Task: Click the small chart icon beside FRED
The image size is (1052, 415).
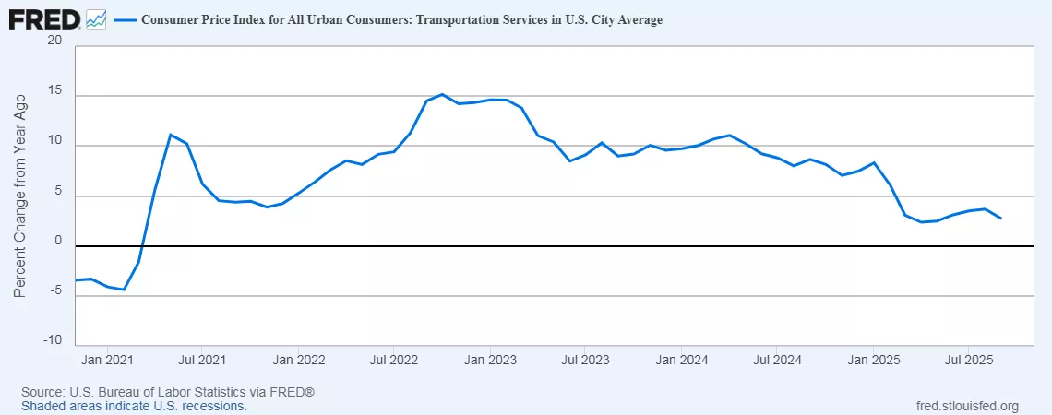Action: pyautogui.click(x=96, y=19)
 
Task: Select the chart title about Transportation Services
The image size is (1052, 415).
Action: pyautogui.click(x=401, y=19)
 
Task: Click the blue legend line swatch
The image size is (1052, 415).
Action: pyautogui.click(x=124, y=19)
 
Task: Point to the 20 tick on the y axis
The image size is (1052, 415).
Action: pyautogui.click(x=54, y=41)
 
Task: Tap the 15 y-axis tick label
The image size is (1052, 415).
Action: pyautogui.click(x=54, y=92)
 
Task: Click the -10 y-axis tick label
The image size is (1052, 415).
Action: pyautogui.click(x=52, y=340)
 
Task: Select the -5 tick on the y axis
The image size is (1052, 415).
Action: pyautogui.click(x=54, y=291)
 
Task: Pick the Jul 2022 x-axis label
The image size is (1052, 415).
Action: pyautogui.click(x=394, y=359)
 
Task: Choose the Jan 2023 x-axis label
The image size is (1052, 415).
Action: pyautogui.click(x=489, y=359)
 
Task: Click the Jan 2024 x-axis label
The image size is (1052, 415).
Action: pyautogui.click(x=680, y=359)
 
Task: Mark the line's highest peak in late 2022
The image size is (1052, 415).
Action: pyautogui.click(x=442, y=94)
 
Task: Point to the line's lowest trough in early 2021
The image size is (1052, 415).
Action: pyautogui.click(x=123, y=290)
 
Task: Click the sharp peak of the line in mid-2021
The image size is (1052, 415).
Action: pyautogui.click(x=171, y=135)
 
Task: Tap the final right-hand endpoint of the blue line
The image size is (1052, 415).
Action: pyautogui.click(x=1001, y=219)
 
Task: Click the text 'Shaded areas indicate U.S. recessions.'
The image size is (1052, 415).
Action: pyautogui.click(x=135, y=406)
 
